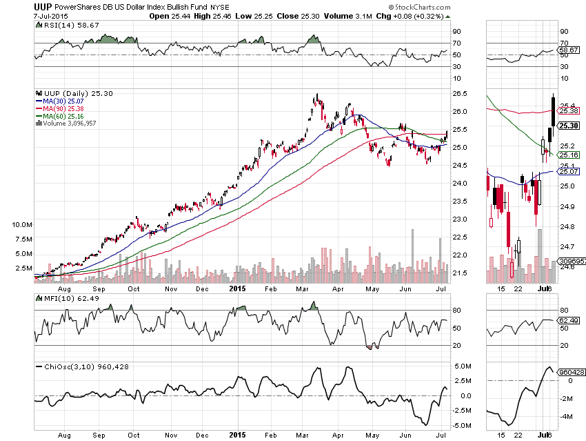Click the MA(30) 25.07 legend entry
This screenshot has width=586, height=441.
click(63, 100)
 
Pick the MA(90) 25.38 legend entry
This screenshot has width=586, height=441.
click(63, 108)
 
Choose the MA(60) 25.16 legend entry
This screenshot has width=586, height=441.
click(63, 116)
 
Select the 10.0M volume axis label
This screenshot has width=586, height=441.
click(21, 225)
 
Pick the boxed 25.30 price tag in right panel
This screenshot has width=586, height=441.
click(568, 126)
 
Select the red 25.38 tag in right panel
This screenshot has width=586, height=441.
click(567, 110)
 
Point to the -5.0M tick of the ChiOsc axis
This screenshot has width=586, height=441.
click(462, 425)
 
